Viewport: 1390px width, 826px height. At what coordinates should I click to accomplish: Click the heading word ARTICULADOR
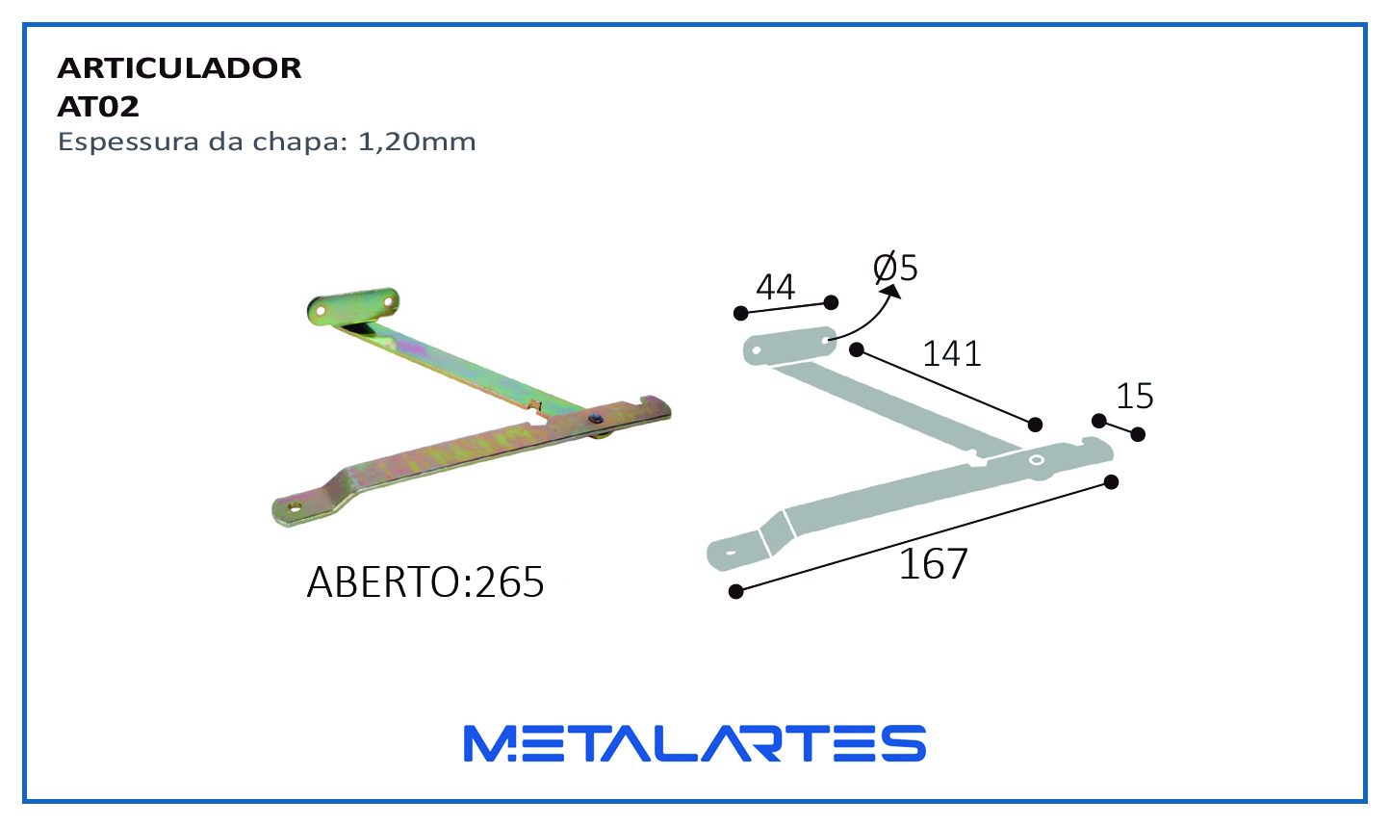coord(179,68)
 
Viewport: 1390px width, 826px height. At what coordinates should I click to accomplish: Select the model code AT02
coord(98,107)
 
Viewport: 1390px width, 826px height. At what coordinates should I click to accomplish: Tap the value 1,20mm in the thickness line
coord(417,142)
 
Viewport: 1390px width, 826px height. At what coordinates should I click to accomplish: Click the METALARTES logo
coord(695,743)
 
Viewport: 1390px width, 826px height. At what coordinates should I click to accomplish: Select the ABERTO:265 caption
coord(425,582)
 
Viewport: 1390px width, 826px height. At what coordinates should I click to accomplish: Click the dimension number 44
coord(776,287)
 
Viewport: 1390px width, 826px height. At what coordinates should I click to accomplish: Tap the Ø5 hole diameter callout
coord(895,268)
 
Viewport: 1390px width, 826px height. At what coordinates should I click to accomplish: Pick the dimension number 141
coord(952,354)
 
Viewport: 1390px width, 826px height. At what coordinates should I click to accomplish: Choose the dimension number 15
coord(1135,396)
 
